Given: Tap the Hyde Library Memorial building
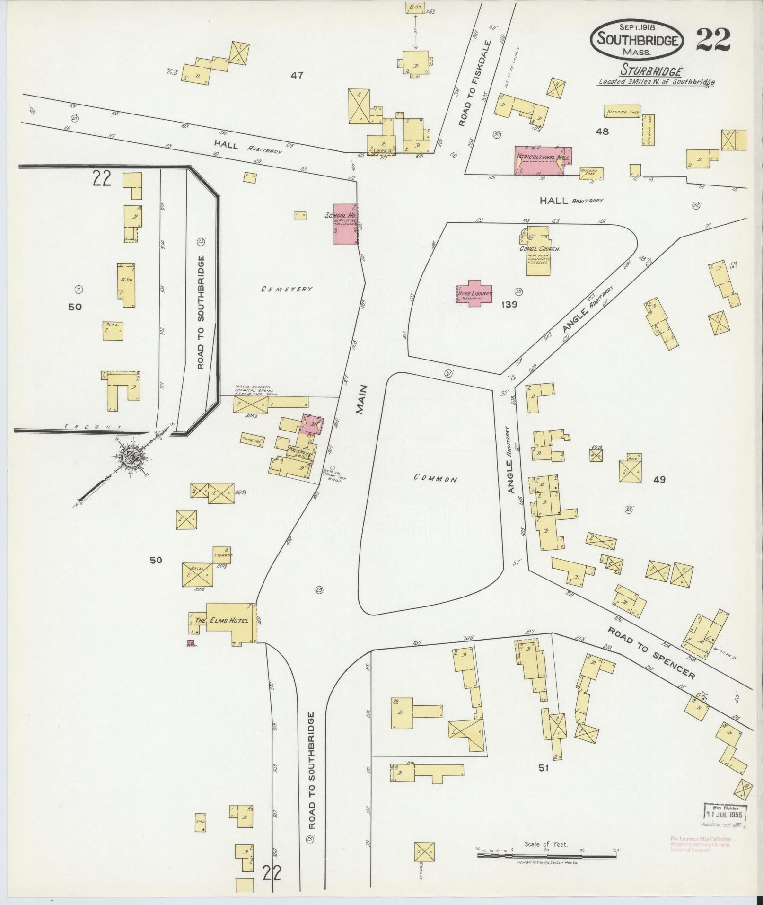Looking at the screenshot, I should click(474, 293).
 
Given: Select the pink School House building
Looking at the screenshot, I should click(345, 224).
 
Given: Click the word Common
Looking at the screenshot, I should click(435, 479).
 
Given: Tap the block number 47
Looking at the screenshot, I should click(297, 75).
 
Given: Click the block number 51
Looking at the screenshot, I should click(543, 768).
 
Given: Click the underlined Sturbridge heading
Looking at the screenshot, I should click(652, 71).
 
